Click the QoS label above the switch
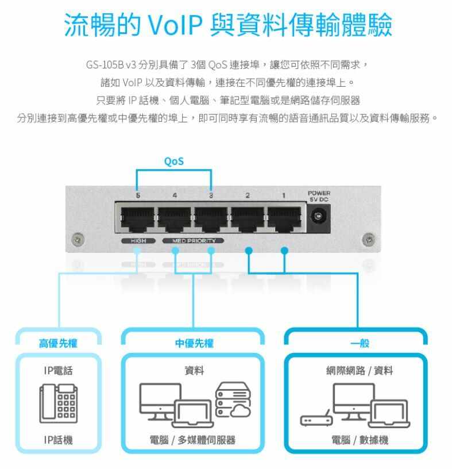[x=173, y=162]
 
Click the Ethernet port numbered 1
[x=283, y=217]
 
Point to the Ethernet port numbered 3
[x=210, y=217]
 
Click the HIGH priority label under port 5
[x=137, y=240]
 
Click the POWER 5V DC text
[x=319, y=195]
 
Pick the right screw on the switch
[x=369, y=238]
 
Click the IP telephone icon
[x=58, y=404]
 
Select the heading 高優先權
[x=58, y=344]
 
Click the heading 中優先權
[x=194, y=344]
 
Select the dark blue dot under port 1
[x=284, y=251]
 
